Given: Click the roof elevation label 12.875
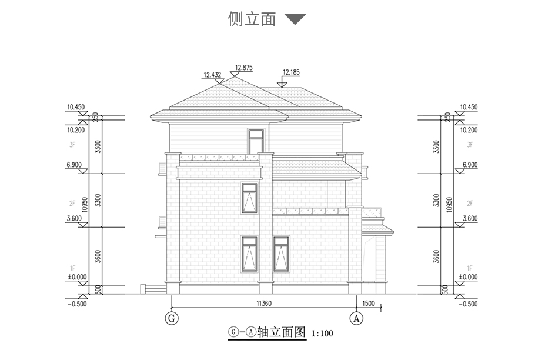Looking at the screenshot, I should coord(243,68).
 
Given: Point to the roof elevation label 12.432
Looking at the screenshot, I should coord(212,75).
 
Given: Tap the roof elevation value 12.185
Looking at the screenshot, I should coord(291,72).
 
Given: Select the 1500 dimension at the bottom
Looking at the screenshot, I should coord(369,304).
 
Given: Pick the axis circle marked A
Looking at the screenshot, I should coord(355,318).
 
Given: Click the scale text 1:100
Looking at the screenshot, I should coord(322,334).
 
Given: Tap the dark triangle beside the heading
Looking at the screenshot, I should coord(295,19).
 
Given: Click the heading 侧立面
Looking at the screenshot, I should coord(252,19).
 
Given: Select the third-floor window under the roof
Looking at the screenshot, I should coord(256,142).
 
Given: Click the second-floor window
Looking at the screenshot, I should coord(249,198).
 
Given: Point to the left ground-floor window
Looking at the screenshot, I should coord(249,254).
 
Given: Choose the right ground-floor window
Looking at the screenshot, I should coord(282,254).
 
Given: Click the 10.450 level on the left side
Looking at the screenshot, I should coord(76,107).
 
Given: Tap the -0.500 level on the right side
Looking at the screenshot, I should coord(467,304).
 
